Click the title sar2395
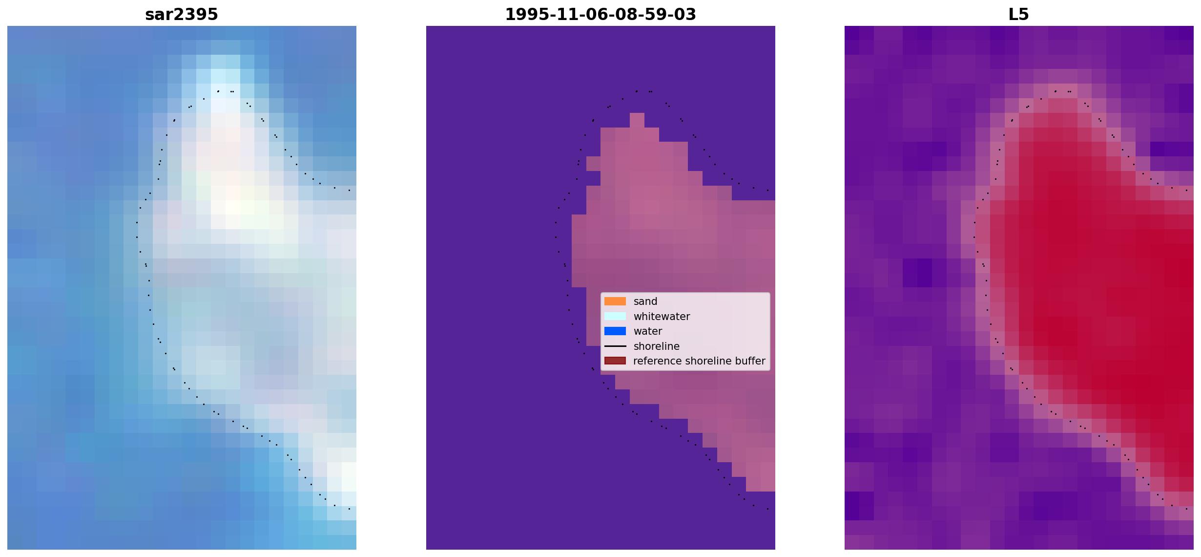click(182, 14)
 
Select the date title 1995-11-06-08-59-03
click(600, 14)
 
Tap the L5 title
click(1019, 14)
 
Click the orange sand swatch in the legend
click(615, 301)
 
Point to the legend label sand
click(645, 301)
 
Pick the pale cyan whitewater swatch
click(615, 316)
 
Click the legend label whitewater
click(662, 317)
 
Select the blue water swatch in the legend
click(615, 331)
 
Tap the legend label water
click(648, 331)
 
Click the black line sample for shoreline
click(615, 346)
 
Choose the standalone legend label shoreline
click(657, 346)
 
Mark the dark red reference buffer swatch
click(615, 361)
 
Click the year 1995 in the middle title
click(525, 14)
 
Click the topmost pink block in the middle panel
click(637, 120)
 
